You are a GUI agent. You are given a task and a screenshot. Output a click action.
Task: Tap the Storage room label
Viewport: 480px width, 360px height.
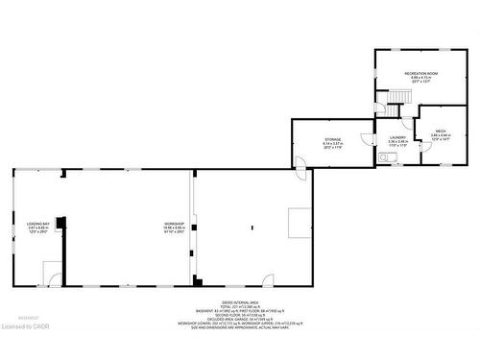point(333,139)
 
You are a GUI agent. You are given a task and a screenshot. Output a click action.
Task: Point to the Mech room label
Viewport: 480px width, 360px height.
point(441,131)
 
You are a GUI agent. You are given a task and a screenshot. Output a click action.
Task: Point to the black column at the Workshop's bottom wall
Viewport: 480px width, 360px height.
point(197,281)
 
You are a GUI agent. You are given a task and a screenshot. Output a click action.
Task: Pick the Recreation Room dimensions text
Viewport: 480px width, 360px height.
point(420,82)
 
